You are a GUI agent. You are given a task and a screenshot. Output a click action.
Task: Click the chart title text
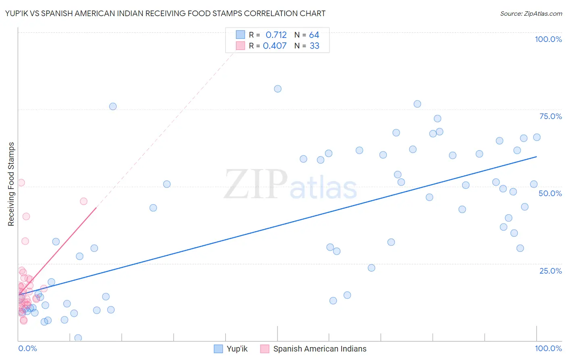pyautogui.click(x=165, y=13)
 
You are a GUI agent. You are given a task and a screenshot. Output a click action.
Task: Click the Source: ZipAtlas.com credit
pyautogui.click(x=531, y=13)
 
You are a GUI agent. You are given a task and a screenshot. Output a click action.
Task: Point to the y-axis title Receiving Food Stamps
pyautogui.click(x=11, y=184)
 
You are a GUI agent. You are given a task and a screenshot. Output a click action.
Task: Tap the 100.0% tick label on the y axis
pyautogui.click(x=548, y=39)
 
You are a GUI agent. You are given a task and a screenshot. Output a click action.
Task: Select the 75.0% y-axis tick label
pyautogui.click(x=550, y=116)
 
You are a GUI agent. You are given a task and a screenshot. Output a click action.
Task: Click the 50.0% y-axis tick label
pyautogui.click(x=550, y=193)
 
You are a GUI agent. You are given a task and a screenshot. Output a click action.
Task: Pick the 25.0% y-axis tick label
pyautogui.click(x=550, y=270)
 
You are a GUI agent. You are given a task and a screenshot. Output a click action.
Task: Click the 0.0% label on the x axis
pyautogui.click(x=27, y=348)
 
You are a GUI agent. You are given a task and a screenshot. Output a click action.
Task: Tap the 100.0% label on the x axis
pyautogui.click(x=548, y=348)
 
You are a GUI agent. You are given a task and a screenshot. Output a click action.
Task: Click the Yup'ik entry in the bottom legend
pyautogui.click(x=237, y=349)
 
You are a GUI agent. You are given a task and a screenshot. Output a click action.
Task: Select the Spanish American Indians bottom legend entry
pyautogui.click(x=319, y=349)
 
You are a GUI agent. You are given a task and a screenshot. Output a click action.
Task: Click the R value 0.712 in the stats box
pyautogui.click(x=276, y=35)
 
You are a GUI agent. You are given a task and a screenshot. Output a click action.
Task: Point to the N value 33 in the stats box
pyautogui.click(x=314, y=46)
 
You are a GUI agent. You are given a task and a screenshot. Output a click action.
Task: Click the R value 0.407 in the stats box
pyautogui.click(x=275, y=46)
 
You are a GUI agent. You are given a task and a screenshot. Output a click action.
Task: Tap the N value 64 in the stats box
pyautogui.click(x=314, y=35)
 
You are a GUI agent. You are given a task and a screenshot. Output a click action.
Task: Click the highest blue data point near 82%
pyautogui.click(x=277, y=89)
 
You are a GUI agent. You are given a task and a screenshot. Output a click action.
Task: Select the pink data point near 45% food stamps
pyautogui.click(x=83, y=201)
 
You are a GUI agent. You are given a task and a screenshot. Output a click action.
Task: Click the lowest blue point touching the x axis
pyautogui.click(x=78, y=338)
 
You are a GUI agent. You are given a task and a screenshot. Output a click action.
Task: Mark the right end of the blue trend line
pyautogui.click(x=536, y=156)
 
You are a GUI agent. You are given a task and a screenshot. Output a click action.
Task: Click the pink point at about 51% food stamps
pyautogui.click(x=21, y=182)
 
